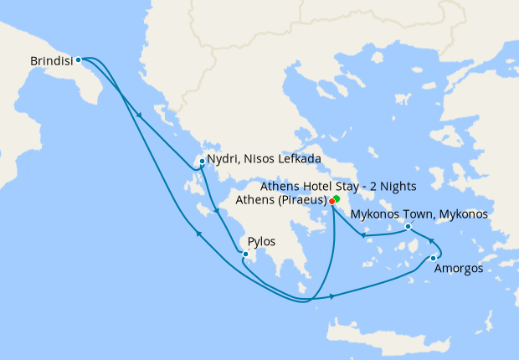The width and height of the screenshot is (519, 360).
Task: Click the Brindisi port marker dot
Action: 78,59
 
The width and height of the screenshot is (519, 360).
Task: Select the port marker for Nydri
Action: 202,161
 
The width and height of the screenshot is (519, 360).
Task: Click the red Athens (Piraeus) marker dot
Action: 332,202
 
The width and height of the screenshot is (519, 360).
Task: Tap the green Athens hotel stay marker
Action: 337,198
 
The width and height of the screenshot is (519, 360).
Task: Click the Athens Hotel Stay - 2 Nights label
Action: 339,185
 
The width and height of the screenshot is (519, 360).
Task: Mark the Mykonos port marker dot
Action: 408,226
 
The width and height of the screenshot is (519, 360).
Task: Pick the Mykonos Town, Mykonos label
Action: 419,214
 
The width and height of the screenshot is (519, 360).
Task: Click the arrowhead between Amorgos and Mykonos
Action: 433,242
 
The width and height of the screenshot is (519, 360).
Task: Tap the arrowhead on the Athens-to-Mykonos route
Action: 362,235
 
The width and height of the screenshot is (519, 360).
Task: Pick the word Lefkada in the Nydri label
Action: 300,158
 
